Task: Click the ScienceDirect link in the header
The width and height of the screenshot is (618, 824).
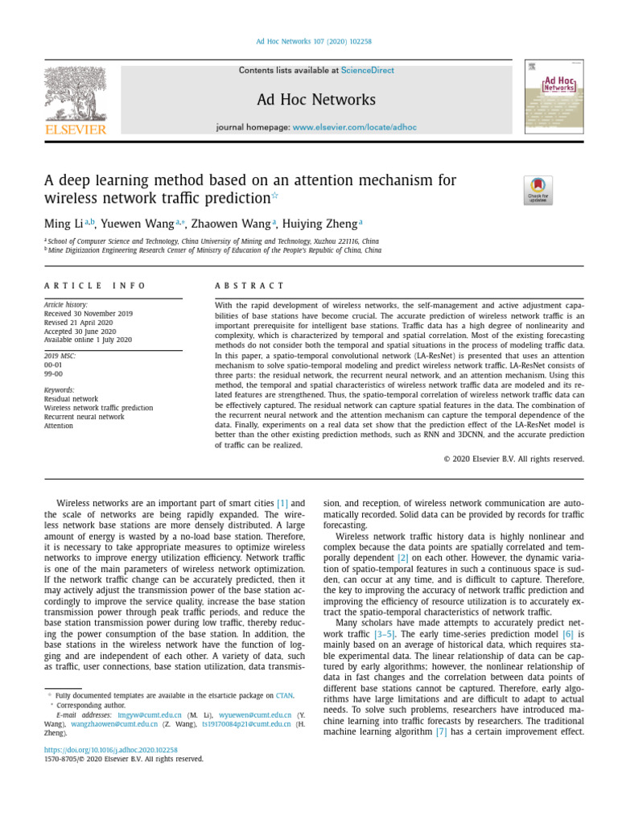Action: (x=368, y=71)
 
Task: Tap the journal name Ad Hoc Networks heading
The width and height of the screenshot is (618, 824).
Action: (x=316, y=101)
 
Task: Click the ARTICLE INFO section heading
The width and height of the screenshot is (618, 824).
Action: (x=95, y=286)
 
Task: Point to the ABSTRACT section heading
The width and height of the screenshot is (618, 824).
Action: (x=249, y=286)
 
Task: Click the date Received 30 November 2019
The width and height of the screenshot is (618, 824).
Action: (x=89, y=314)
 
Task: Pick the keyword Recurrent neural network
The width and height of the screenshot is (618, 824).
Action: (x=84, y=417)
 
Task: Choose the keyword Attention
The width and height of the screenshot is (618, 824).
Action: (x=58, y=426)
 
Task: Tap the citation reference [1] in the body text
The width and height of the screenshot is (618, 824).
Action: (x=282, y=503)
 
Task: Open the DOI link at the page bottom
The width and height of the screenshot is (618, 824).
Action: (x=110, y=748)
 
